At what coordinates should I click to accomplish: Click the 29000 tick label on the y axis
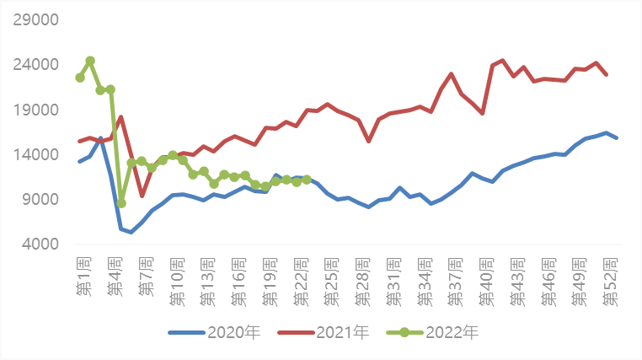pyautogui.click(x=36, y=19)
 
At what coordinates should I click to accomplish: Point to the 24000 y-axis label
pyautogui.click(x=36, y=65)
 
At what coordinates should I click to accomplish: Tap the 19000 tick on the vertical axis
pyautogui.click(x=36, y=110)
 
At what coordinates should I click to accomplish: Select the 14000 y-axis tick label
pyautogui.click(x=36, y=155)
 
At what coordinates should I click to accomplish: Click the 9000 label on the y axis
pyautogui.click(x=40, y=200)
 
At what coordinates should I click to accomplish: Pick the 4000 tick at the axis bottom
pyautogui.click(x=40, y=244)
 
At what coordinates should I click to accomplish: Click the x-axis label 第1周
pyautogui.click(x=83, y=277)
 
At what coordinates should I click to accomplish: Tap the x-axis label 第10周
pyautogui.click(x=177, y=282)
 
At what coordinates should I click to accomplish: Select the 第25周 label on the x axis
pyautogui.click(x=331, y=282)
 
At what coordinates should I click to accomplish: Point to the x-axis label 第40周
pyautogui.click(x=486, y=282)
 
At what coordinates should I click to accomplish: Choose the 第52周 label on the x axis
pyautogui.click(x=610, y=282)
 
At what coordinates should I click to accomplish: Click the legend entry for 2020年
pyautogui.click(x=214, y=332)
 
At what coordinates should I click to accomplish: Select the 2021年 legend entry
pyautogui.click(x=324, y=332)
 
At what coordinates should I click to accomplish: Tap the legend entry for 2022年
pyautogui.click(x=432, y=332)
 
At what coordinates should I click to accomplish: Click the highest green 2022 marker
pyautogui.click(x=90, y=61)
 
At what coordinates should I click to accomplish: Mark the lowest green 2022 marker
pyautogui.click(x=121, y=203)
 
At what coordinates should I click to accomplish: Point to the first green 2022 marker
pyautogui.click(x=80, y=78)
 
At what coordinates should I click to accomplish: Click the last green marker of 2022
pyautogui.click(x=307, y=180)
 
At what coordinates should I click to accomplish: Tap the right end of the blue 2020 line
pyautogui.click(x=617, y=138)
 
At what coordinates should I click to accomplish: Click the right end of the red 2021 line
pyautogui.click(x=607, y=74)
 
